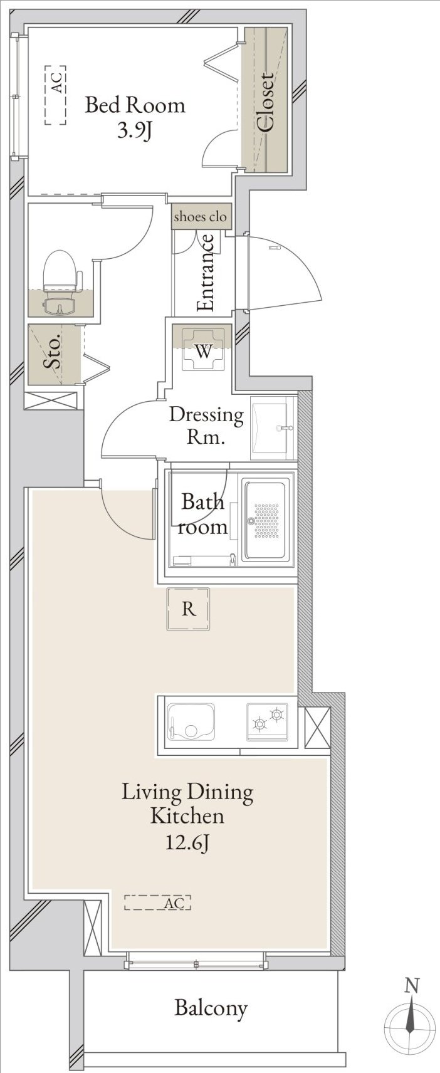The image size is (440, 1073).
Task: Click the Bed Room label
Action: tap(135, 105)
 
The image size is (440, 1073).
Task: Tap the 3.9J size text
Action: tap(135, 129)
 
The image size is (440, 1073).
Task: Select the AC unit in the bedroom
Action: tap(56, 95)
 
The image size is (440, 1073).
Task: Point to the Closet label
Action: tap(265, 102)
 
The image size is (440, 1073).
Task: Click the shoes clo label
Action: tap(200, 216)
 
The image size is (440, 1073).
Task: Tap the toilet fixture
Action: tap(60, 278)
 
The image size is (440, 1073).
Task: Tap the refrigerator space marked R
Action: tap(188, 609)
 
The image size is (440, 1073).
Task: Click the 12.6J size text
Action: tap(187, 842)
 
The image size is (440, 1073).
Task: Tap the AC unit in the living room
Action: tap(158, 903)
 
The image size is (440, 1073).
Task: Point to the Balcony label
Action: tap(211, 1008)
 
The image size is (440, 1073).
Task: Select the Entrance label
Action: tap(206, 273)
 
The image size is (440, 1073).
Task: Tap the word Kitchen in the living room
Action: tap(187, 816)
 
